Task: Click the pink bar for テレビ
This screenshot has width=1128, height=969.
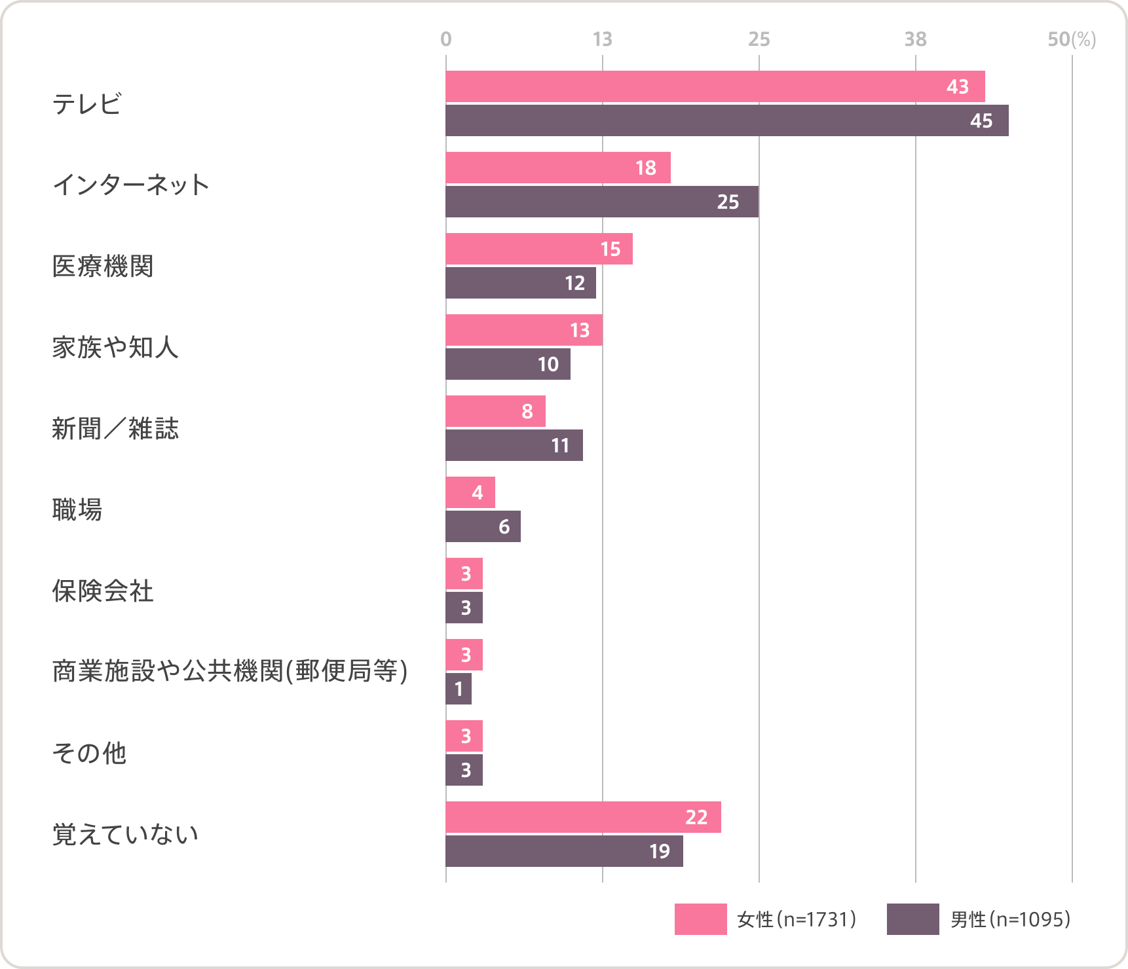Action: coord(714,86)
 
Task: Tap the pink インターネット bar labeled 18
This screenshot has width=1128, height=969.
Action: coord(557,168)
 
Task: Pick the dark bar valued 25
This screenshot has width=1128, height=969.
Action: coord(601,202)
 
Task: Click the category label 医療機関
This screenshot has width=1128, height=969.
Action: coord(103,266)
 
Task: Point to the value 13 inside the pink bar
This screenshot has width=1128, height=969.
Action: coord(580,330)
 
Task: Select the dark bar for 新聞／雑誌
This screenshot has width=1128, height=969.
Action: coord(514,445)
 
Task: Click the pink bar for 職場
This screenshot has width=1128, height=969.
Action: coord(470,492)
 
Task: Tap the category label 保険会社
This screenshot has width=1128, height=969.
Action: coord(103,591)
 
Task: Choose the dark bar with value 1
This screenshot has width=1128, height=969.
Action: coord(458,689)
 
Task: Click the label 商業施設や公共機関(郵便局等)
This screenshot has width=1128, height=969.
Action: coord(230,672)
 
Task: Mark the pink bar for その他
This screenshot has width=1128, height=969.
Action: coord(464,736)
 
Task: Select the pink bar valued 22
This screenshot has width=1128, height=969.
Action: coord(583,817)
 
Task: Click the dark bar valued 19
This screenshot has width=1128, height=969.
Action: coord(563,851)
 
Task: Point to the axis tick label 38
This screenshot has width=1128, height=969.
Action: coord(915,39)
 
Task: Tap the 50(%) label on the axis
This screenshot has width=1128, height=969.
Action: coord(1071,39)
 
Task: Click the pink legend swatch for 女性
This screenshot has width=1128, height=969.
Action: coord(700,919)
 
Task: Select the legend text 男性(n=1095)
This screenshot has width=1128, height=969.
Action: coord(1010,919)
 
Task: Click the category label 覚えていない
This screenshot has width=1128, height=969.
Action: coord(125,835)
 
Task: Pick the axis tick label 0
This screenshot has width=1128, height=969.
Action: coord(446,39)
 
